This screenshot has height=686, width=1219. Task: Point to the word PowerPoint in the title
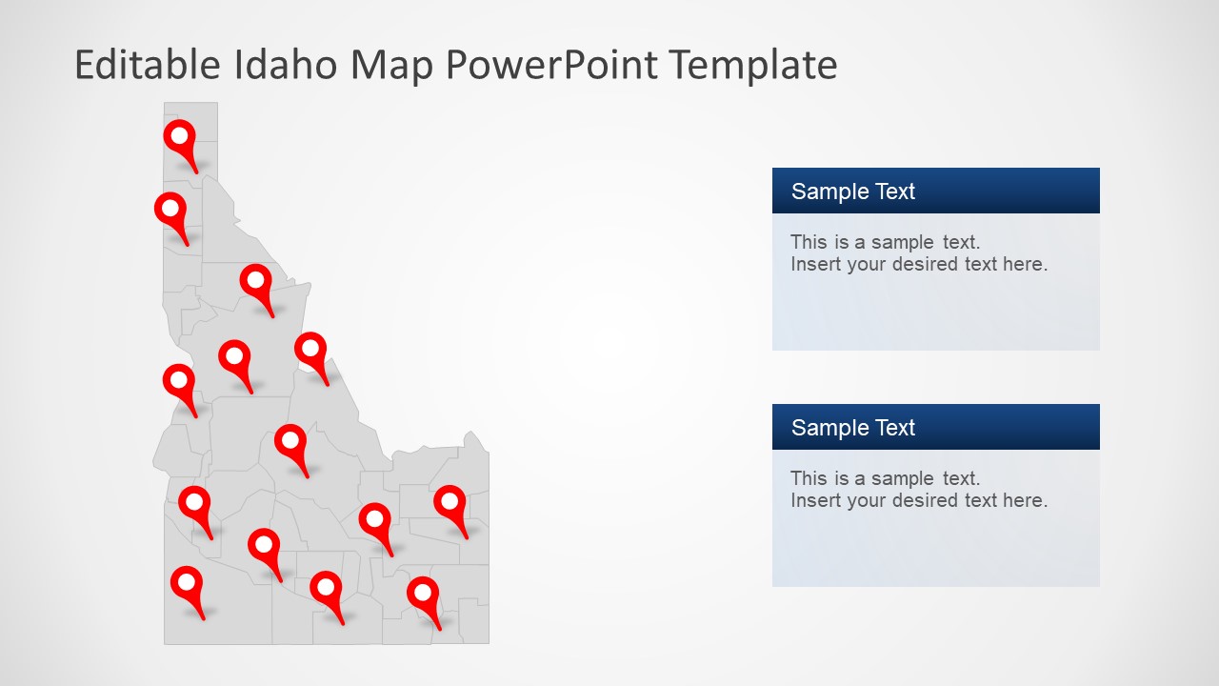pos(551,65)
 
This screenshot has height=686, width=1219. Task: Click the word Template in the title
pos(752,65)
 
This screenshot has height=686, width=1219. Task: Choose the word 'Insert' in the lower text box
pos(815,500)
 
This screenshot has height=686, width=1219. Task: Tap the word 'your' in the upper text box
pos(867,264)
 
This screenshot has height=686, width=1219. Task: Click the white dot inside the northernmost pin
pos(178,135)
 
